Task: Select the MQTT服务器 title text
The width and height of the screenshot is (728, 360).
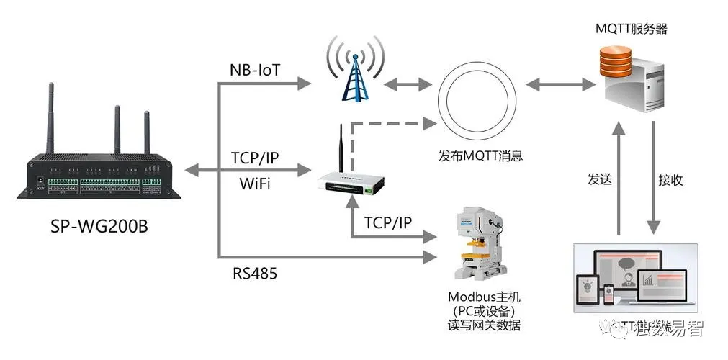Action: click(x=632, y=30)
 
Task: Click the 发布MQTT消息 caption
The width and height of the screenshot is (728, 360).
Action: click(x=480, y=156)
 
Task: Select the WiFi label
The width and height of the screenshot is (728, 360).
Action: click(x=254, y=184)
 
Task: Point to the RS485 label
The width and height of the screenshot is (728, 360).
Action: click(x=254, y=274)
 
